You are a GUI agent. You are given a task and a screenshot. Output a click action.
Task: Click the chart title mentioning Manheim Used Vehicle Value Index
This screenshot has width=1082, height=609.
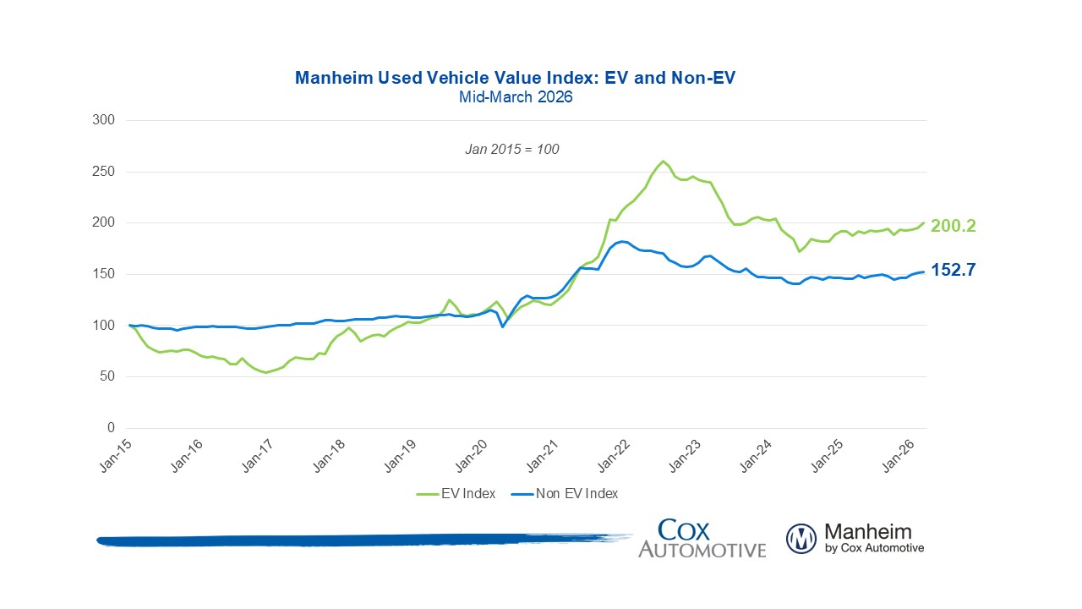point(516,79)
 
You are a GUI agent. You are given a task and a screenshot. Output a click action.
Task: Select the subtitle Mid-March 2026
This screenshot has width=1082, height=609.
point(516,97)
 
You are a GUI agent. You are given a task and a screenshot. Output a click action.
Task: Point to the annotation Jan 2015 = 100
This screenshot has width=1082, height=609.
point(512,149)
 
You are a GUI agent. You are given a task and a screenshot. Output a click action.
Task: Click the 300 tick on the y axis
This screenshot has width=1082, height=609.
point(103,120)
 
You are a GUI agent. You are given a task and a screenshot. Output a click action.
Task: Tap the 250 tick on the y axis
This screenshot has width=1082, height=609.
point(103,172)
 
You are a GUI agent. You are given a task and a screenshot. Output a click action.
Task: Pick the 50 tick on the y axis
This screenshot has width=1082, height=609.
point(107,376)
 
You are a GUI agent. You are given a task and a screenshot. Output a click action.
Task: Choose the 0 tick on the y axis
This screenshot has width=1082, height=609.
point(110,428)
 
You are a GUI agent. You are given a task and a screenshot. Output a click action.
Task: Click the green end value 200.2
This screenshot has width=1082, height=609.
point(954,226)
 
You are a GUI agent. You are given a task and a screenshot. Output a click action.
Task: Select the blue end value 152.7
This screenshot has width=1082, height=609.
point(954,270)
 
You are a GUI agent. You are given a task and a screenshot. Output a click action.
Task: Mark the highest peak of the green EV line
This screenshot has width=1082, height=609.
point(663,161)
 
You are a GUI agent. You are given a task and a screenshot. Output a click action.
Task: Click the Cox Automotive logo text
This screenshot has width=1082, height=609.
point(702,539)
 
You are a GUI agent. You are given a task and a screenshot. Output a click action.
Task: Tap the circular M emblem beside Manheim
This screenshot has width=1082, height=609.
point(801,539)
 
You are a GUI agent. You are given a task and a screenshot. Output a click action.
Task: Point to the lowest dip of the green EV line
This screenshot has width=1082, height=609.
point(265,372)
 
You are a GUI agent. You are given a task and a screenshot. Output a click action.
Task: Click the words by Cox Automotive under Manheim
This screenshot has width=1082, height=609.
point(874,548)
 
